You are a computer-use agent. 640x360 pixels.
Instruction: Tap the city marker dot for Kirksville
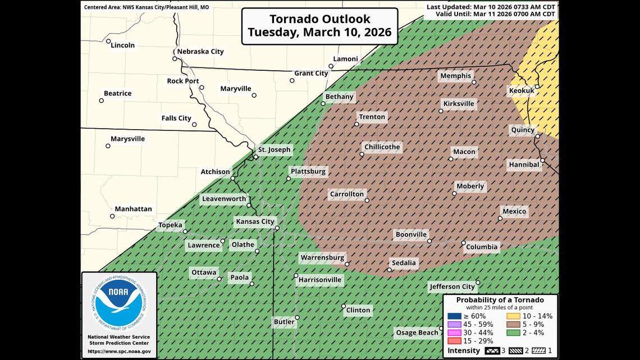pyautogui.click(x=441, y=111)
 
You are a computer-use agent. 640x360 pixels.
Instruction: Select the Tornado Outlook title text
pyautogui.click(x=321, y=26)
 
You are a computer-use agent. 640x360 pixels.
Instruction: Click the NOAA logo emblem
pyautogui.click(x=118, y=304)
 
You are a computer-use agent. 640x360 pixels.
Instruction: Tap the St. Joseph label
pyautogui.click(x=274, y=149)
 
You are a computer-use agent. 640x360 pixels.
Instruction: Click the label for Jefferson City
pyautogui.click(x=452, y=286)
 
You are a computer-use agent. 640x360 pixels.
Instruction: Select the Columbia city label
pyautogui.click(x=482, y=247)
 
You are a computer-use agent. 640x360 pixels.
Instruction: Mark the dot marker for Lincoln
pyautogui.click(x=108, y=41)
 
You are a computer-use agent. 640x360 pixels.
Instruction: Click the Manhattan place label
pyautogui.click(x=134, y=209)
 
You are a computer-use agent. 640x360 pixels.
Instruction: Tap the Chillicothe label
pyautogui.click(x=382, y=147)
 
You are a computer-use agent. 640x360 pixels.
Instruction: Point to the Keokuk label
pyautogui.click(x=522, y=90)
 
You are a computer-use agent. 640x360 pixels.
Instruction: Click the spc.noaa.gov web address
pyautogui.click(x=118, y=352)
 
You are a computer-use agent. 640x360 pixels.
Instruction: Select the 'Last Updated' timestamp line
pyautogui.click(x=492, y=7)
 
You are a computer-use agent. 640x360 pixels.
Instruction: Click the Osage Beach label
pyautogui.click(x=417, y=332)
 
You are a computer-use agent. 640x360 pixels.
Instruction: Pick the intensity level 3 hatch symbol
pyautogui.click(x=491, y=351)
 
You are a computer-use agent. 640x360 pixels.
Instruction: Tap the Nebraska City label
pyautogui.click(x=200, y=51)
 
